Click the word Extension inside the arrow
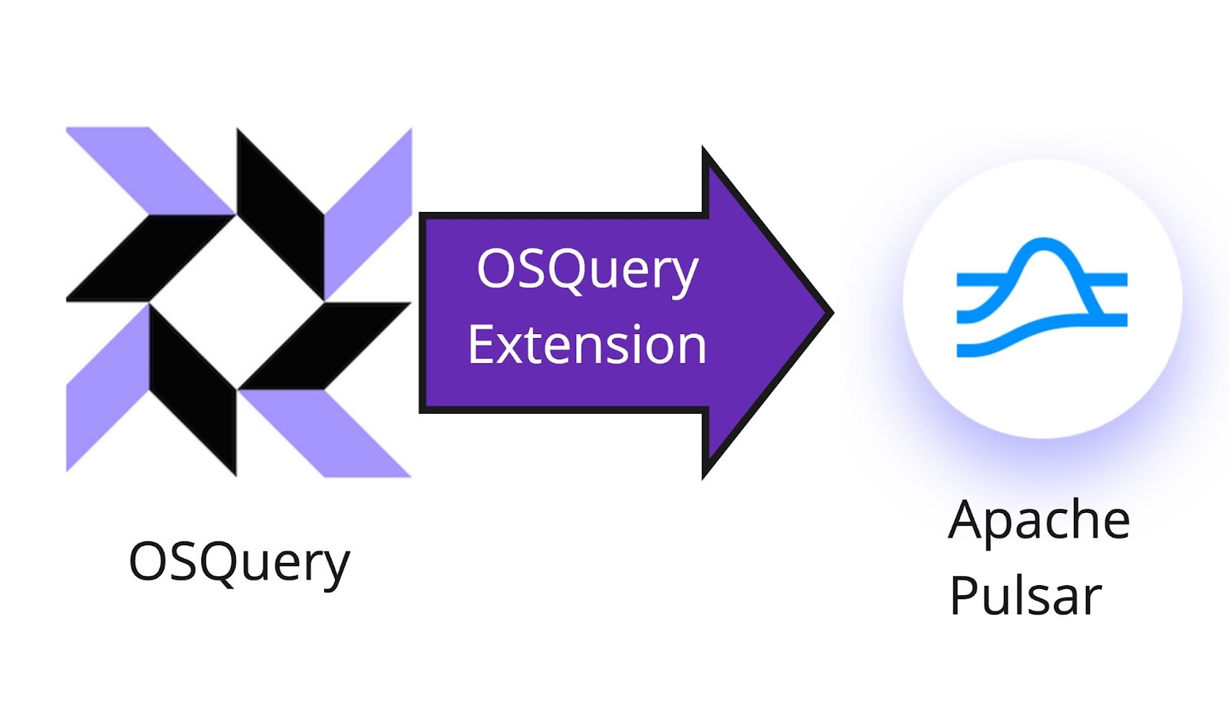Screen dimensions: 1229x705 (x=587, y=345)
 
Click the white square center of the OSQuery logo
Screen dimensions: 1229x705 (x=237, y=302)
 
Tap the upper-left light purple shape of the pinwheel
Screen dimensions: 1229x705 (x=151, y=170)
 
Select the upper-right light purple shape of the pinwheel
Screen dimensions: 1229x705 (x=368, y=214)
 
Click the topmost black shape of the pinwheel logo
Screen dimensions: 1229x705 (x=280, y=214)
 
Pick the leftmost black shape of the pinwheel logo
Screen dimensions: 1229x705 (x=151, y=258)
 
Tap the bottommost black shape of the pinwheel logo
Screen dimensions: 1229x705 (x=193, y=389)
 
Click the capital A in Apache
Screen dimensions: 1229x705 (x=967, y=520)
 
